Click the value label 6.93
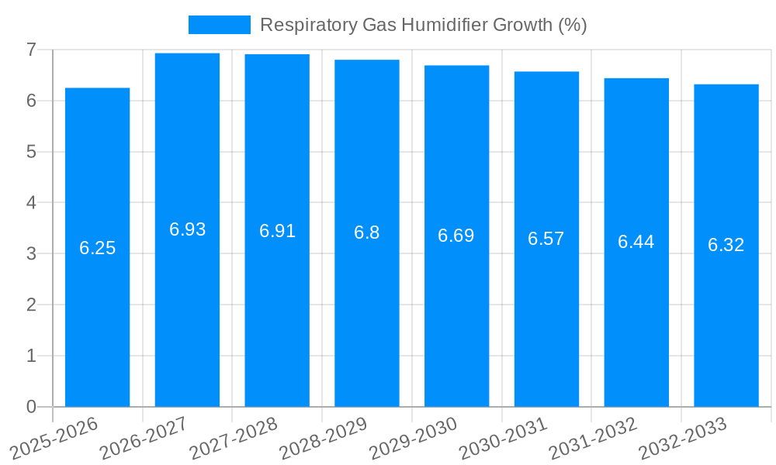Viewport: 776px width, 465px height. tap(187, 229)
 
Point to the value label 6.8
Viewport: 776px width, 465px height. tap(366, 232)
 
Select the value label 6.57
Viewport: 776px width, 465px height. tap(546, 239)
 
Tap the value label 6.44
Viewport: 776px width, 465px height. tap(636, 242)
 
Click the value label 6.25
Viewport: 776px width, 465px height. tap(97, 248)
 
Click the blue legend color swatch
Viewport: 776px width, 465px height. tap(219, 25)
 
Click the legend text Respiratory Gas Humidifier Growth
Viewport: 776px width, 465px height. tap(423, 25)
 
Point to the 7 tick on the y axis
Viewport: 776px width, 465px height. tap(31, 50)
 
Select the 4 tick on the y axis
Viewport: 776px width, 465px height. tap(31, 202)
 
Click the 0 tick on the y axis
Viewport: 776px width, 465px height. tap(31, 406)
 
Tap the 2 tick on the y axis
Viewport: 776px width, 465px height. tap(31, 305)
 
